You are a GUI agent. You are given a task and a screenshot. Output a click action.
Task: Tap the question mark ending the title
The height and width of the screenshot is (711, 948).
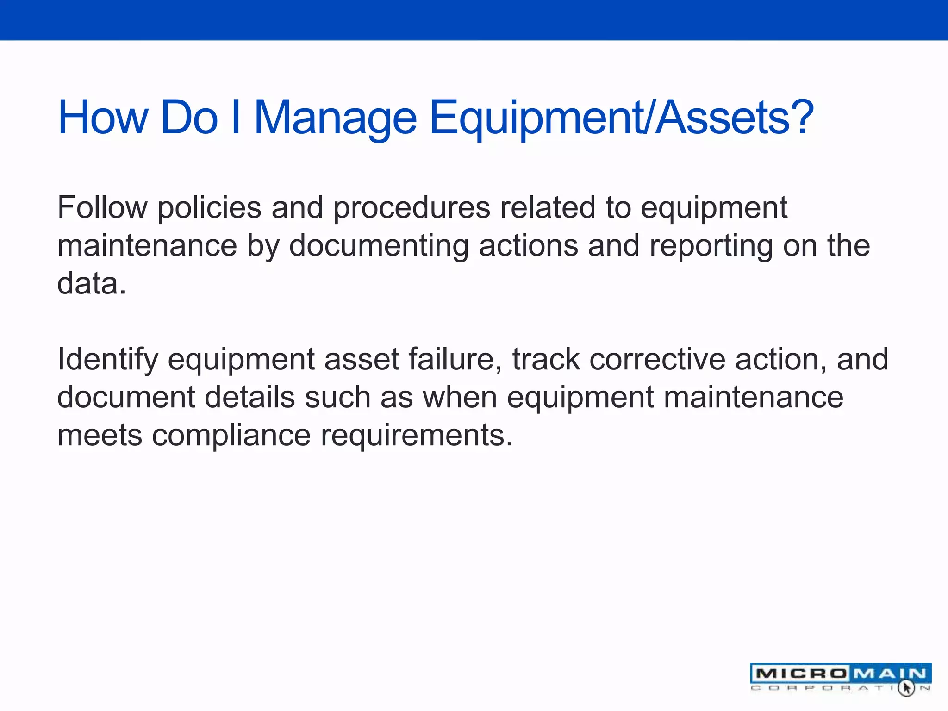[x=800, y=117]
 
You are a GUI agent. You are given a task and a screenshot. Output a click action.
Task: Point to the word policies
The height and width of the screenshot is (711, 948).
[x=209, y=208]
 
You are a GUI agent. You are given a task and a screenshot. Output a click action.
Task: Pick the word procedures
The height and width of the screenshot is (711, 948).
[x=412, y=208]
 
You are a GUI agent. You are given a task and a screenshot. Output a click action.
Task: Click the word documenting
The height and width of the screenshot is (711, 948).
[x=379, y=246]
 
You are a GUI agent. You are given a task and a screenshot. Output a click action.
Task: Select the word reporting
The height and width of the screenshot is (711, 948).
[x=711, y=246]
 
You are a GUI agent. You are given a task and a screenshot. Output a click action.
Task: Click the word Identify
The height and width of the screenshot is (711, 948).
[x=107, y=360]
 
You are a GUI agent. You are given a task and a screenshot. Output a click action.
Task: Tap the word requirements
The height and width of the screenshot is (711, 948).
[x=417, y=436]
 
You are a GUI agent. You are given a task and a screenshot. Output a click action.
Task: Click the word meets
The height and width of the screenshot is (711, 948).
[x=100, y=436]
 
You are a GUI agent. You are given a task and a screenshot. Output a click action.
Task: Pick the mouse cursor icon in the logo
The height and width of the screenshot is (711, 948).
[x=906, y=688]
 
